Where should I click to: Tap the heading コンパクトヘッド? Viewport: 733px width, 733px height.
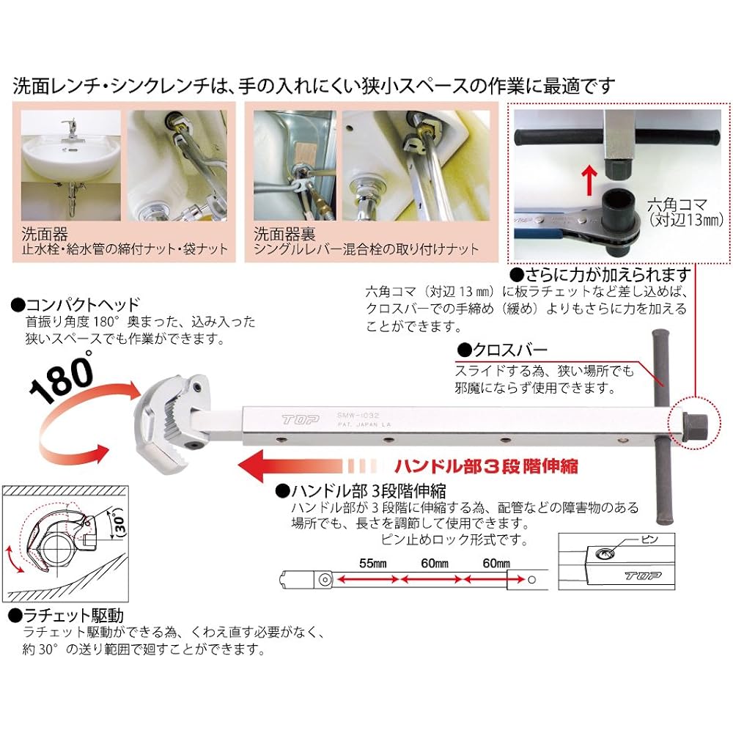(x=76, y=303)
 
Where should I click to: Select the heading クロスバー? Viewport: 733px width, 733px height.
(x=501, y=350)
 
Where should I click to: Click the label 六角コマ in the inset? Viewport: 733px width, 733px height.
(x=673, y=205)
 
